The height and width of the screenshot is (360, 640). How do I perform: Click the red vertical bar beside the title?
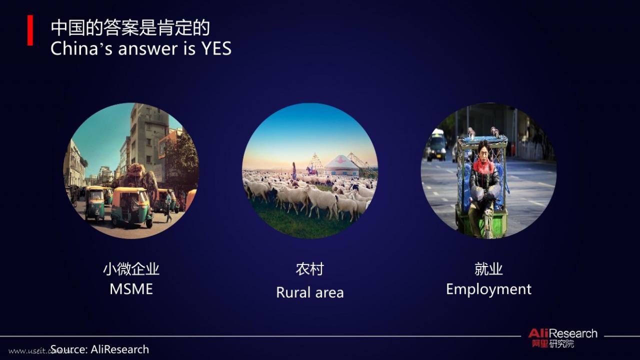click(30, 30)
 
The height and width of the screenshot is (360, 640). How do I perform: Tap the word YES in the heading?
click(216, 48)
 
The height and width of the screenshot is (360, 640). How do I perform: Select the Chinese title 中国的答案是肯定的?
click(130, 28)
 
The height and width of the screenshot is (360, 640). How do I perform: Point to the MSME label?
click(131, 289)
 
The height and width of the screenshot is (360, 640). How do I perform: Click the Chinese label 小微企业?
click(131, 269)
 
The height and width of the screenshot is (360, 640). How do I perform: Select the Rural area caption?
click(310, 292)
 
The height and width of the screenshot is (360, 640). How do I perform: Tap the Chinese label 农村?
click(310, 269)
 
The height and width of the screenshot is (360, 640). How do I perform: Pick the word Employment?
click(489, 289)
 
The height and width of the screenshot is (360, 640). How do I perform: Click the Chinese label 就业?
click(489, 269)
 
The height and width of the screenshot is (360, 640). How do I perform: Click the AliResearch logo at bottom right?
click(562, 337)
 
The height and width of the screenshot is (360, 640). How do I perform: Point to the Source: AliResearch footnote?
click(99, 349)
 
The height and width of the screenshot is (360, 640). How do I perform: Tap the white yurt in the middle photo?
click(341, 165)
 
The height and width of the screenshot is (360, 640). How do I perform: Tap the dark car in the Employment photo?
click(436, 145)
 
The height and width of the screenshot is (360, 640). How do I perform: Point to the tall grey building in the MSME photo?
click(148, 140)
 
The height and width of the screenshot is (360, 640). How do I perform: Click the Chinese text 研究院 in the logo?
click(561, 343)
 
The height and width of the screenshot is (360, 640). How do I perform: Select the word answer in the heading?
click(147, 49)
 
